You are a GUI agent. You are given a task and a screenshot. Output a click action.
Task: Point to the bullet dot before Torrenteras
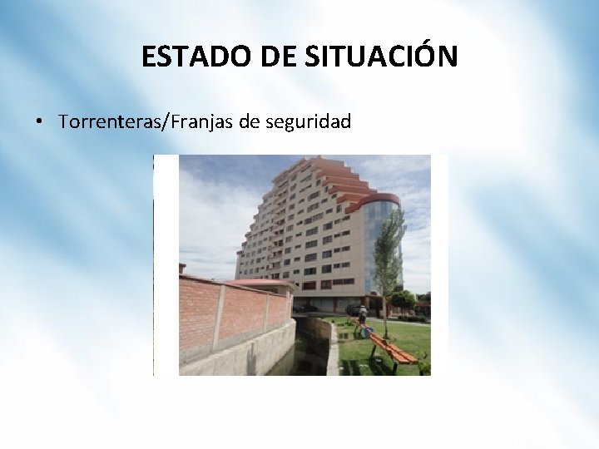coord(38,123)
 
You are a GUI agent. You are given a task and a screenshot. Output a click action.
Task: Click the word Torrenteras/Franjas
coord(146,123)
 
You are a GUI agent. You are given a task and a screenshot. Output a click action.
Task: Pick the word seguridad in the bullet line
coord(308,123)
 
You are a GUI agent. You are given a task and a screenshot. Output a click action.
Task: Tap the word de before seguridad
coord(249,123)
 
